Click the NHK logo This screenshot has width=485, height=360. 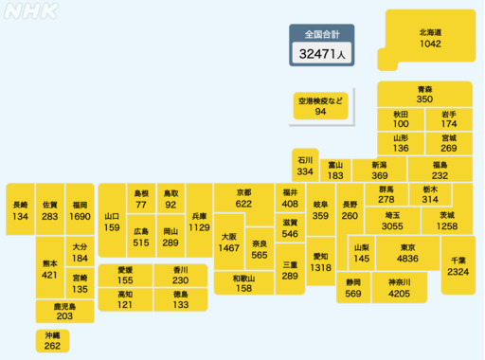31,14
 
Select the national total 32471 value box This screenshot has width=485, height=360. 322,55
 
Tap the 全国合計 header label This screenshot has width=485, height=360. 322,34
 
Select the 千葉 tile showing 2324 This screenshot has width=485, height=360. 458,265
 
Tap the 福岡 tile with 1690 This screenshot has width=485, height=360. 80,210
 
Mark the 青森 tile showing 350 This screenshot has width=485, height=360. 424,94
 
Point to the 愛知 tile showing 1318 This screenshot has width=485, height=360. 321,262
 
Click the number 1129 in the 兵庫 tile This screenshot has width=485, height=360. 199,227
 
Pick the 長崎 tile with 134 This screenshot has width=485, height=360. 21,210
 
